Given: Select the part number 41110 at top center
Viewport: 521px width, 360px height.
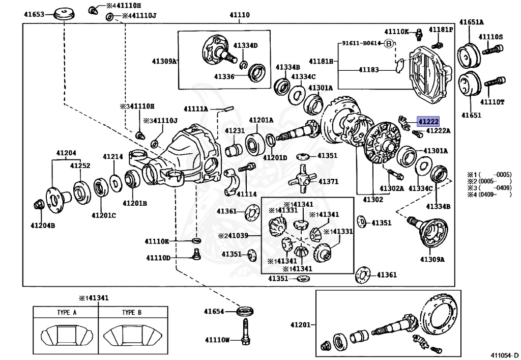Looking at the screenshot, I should (239, 15).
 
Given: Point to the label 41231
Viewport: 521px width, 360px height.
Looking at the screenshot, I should (235, 131).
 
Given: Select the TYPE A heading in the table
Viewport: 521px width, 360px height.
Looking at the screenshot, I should (67, 313).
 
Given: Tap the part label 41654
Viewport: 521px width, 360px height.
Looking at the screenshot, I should (214, 311).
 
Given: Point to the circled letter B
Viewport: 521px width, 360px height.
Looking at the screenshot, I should (389, 43).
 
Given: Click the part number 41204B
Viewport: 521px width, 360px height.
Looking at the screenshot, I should (42, 225).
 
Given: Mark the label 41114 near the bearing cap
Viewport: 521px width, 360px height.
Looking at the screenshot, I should (246, 194).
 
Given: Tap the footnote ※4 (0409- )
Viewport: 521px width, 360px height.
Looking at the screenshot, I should (491, 195).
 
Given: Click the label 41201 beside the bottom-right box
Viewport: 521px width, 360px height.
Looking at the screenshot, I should (300, 325).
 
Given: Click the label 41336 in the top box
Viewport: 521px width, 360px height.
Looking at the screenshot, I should (224, 76).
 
